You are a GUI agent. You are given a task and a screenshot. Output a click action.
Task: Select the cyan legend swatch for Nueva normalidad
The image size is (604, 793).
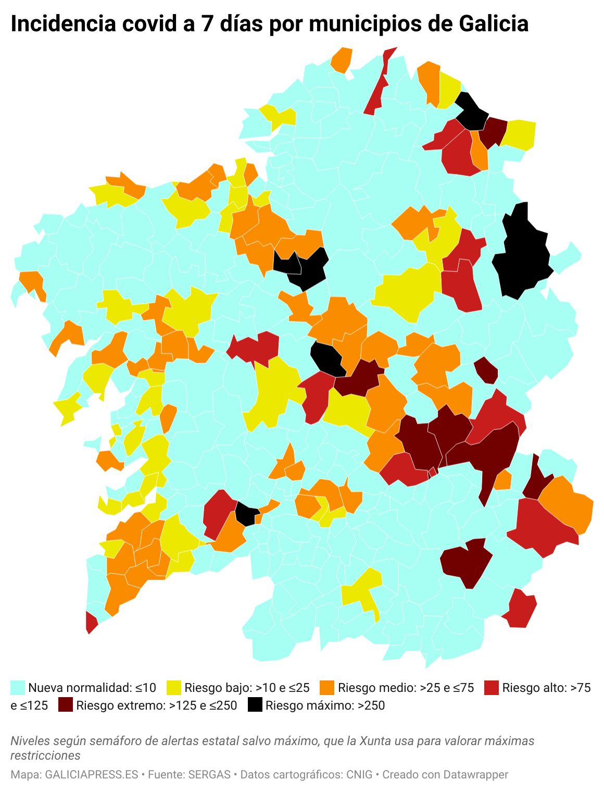18,688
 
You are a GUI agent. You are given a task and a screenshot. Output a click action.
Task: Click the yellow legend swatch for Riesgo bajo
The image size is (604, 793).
174,688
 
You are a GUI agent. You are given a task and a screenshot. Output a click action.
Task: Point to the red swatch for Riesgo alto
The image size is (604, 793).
492,688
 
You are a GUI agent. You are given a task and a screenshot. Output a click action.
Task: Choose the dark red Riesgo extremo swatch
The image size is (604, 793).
66,705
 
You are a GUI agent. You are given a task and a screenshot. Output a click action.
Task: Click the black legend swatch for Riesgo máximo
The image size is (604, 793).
255,705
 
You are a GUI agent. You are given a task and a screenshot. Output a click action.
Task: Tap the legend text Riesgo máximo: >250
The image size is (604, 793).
325,705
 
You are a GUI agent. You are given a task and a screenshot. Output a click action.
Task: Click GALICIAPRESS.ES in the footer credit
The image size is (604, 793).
92,775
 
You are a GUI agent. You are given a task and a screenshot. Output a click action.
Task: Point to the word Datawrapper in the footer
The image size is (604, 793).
476,775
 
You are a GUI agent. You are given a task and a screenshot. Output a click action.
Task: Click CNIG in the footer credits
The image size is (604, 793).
359,775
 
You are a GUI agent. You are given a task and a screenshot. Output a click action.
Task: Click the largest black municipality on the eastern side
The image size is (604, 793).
523,255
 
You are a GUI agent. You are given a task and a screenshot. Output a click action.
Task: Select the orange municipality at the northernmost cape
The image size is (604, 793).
342,60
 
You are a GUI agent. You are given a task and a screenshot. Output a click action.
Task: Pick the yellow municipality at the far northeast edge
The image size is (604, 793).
521,134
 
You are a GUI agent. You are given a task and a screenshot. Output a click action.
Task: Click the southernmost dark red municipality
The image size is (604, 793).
466,563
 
